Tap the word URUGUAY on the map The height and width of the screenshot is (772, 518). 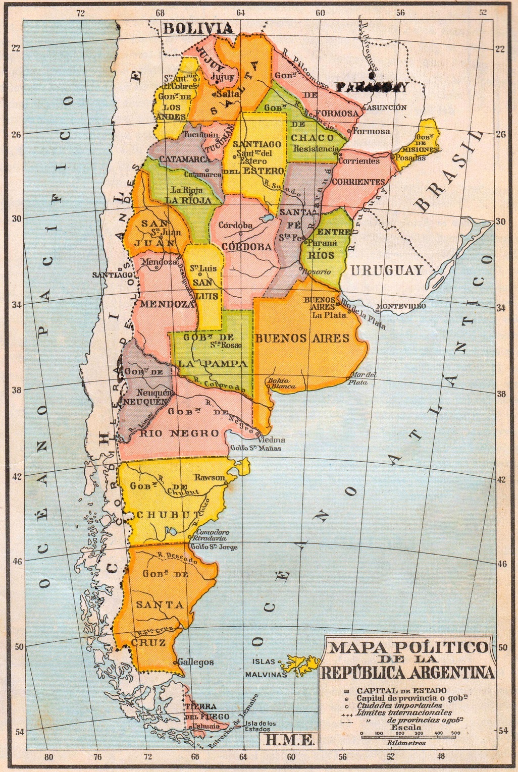[387, 270]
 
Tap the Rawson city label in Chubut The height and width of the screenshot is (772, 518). [209, 477]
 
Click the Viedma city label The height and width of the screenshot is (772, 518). [271, 440]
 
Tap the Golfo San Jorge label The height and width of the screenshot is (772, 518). [214, 547]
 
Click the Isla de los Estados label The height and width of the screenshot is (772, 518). [257, 726]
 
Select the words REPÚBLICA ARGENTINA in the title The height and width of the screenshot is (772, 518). [406, 673]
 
